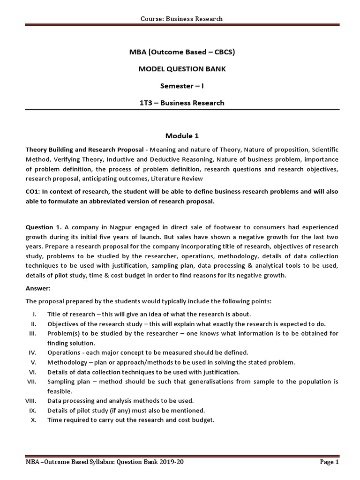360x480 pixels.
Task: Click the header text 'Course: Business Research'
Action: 181,19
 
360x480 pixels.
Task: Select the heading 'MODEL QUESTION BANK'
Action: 181,69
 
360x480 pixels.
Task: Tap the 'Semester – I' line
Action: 181,86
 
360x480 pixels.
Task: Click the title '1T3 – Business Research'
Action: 181,103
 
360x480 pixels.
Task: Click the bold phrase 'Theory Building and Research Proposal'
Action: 84,149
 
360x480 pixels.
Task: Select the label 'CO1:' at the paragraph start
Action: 34,192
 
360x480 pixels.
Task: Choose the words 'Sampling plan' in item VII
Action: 67,382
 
